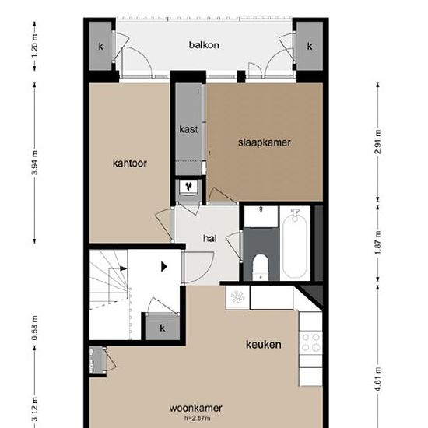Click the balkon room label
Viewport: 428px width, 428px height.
[x=204, y=45]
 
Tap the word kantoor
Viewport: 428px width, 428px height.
[x=130, y=163]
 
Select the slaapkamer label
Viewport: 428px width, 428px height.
[x=265, y=142]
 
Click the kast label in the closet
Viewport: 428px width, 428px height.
[x=188, y=129]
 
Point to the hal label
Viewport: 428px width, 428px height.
[x=210, y=238]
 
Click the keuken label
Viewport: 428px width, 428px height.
[x=263, y=345]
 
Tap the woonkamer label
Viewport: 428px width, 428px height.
[x=195, y=409]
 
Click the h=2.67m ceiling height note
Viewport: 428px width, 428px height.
[x=197, y=418]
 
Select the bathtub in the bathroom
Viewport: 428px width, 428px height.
[x=295, y=244]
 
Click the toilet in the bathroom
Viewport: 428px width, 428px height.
[x=261, y=267]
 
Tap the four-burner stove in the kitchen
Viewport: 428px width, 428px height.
[x=311, y=342]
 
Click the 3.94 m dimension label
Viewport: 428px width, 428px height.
[x=35, y=163]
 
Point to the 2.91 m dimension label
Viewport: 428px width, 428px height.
[x=377, y=142]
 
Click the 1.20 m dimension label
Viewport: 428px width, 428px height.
[x=35, y=46]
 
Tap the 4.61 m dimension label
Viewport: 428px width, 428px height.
[x=377, y=380]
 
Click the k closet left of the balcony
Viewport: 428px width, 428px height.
[x=100, y=46]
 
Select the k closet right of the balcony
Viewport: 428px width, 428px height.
[x=310, y=46]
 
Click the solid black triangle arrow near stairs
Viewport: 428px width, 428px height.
[x=163, y=267]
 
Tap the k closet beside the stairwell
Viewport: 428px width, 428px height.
[x=163, y=328]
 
